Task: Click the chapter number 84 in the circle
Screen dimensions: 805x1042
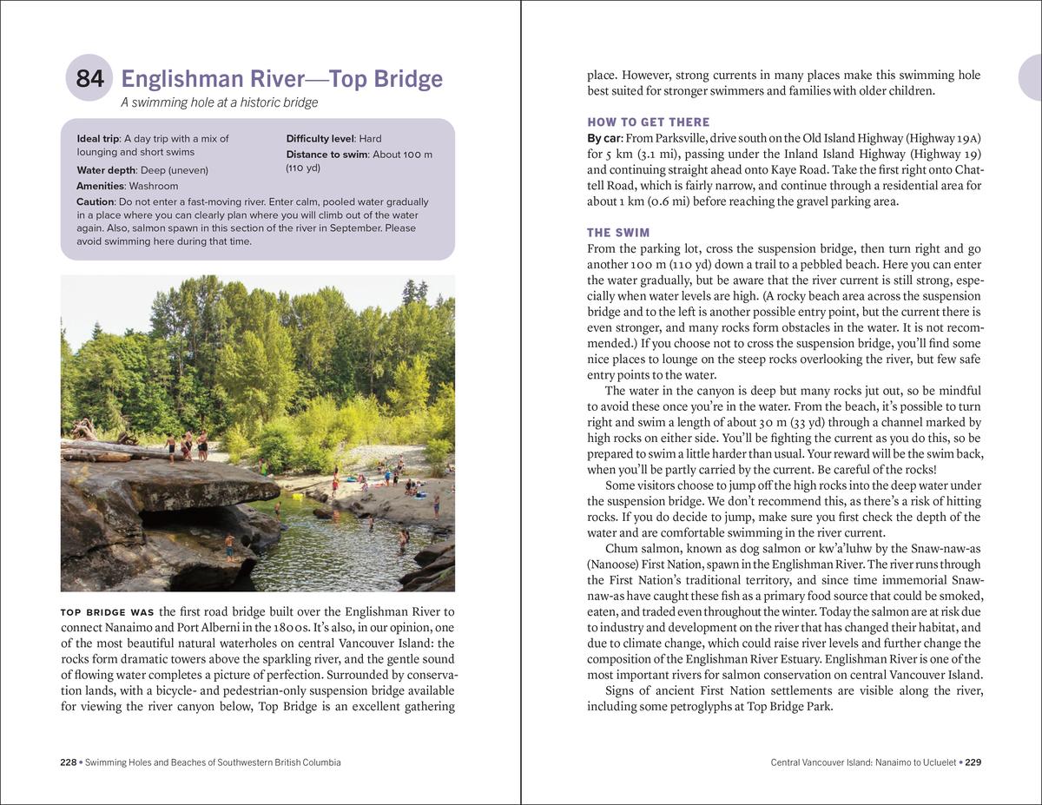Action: [x=89, y=79]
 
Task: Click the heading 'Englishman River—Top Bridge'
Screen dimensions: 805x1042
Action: [x=281, y=79]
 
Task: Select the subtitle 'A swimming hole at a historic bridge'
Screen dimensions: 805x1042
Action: [x=219, y=102]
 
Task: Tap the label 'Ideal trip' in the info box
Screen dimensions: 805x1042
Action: [x=98, y=138]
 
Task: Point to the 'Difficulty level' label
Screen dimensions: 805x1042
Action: [x=319, y=138]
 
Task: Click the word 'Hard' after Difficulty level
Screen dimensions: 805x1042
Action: [x=370, y=138]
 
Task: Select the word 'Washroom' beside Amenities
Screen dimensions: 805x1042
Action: [x=153, y=186]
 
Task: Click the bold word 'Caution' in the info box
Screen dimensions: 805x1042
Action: [x=95, y=201]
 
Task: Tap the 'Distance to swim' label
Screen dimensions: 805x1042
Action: [x=326, y=155]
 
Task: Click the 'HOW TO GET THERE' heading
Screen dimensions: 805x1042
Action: [x=648, y=122]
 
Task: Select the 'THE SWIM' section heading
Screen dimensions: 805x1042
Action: [x=617, y=233]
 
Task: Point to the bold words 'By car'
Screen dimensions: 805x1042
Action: [x=605, y=139]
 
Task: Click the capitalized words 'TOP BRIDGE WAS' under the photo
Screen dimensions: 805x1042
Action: [x=108, y=613]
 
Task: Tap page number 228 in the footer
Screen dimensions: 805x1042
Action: [x=68, y=762]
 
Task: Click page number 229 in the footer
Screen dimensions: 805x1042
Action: [x=973, y=762]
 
